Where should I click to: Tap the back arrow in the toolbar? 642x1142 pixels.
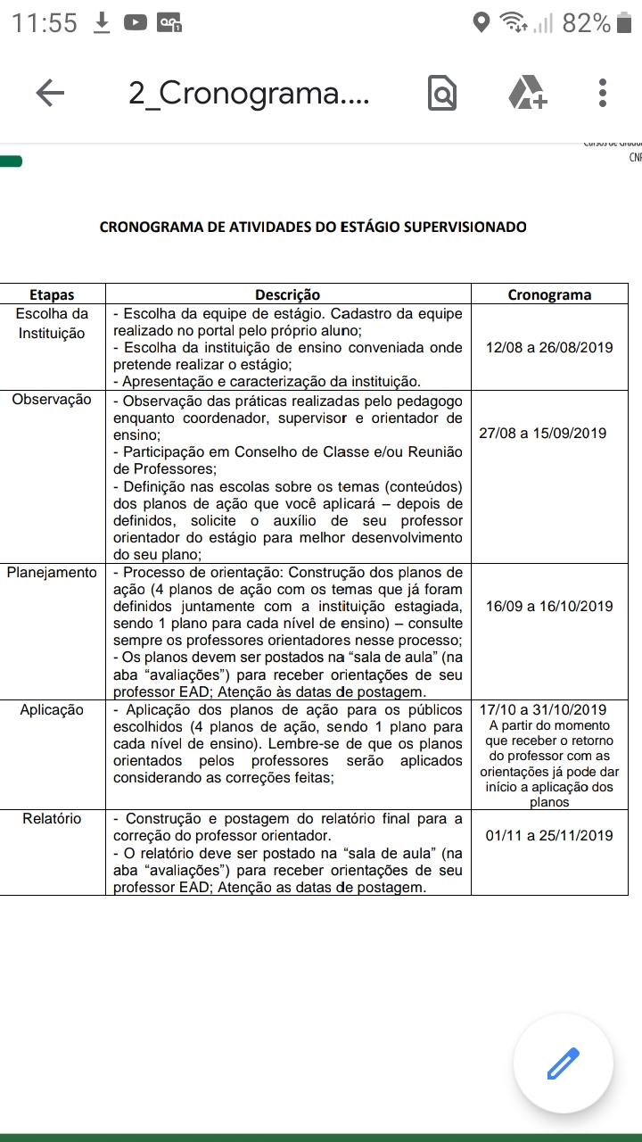pos(50,93)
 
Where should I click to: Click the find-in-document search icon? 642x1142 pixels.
pos(442,93)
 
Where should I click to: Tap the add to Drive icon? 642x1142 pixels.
pos(527,93)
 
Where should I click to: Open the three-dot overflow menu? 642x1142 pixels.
pos(604,93)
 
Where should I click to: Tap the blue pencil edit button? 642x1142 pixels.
pos(563,1063)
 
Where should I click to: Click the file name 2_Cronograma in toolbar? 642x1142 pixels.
pos(249,93)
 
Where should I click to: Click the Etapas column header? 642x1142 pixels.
pos(52,294)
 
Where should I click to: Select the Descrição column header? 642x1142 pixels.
pos(287,294)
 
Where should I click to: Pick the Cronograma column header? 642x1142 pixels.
pos(549,294)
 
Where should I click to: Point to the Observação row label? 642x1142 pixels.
pos(52,400)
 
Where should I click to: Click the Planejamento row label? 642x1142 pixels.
pos(52,573)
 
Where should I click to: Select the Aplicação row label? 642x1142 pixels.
pos(52,710)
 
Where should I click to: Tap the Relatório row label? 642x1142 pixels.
pos(52,819)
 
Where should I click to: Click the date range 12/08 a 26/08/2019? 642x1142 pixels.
pos(549,348)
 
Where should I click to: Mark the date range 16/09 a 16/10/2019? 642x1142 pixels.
pos(549,607)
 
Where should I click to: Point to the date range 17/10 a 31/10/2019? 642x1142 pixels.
pos(542,710)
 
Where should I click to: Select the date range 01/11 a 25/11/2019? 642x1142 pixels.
pos(549,836)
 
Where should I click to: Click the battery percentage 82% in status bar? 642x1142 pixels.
pos(586,23)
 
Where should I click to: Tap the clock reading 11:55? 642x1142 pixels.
pos(45,23)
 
